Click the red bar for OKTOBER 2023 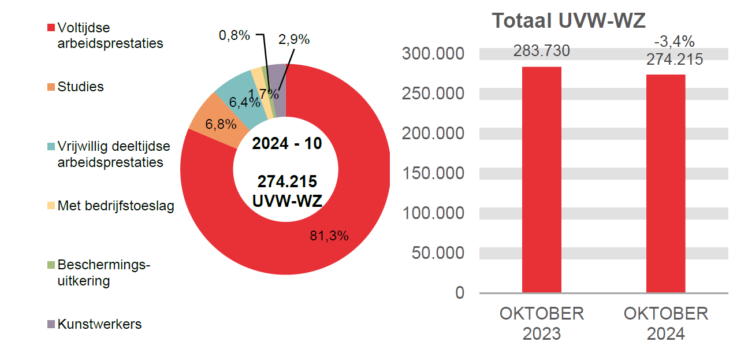pos(541,180)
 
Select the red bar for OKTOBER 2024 pos(665,184)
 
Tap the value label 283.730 pos(541,51)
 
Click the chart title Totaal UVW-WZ pos(568,21)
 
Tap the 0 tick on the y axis pos(459,293)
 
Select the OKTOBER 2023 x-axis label pos(541,324)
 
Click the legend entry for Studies pos(80,87)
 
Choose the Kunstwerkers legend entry pos(99,324)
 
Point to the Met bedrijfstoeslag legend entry pos(116,206)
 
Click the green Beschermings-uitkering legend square pos(51,265)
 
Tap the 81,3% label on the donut pos(329,235)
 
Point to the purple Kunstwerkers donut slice pos(279,87)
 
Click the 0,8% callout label pos(234,35)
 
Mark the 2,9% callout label pos(293,40)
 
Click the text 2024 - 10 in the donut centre pos(286,143)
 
